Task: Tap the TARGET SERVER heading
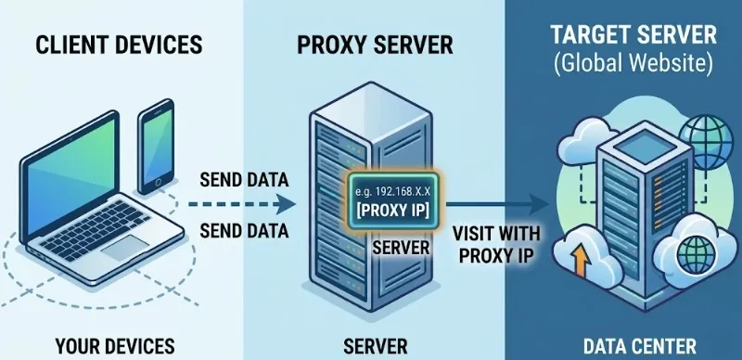click(x=633, y=34)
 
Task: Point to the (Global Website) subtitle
click(x=633, y=64)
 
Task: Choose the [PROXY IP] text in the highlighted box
click(x=393, y=211)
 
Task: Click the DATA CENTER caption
click(x=639, y=346)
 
